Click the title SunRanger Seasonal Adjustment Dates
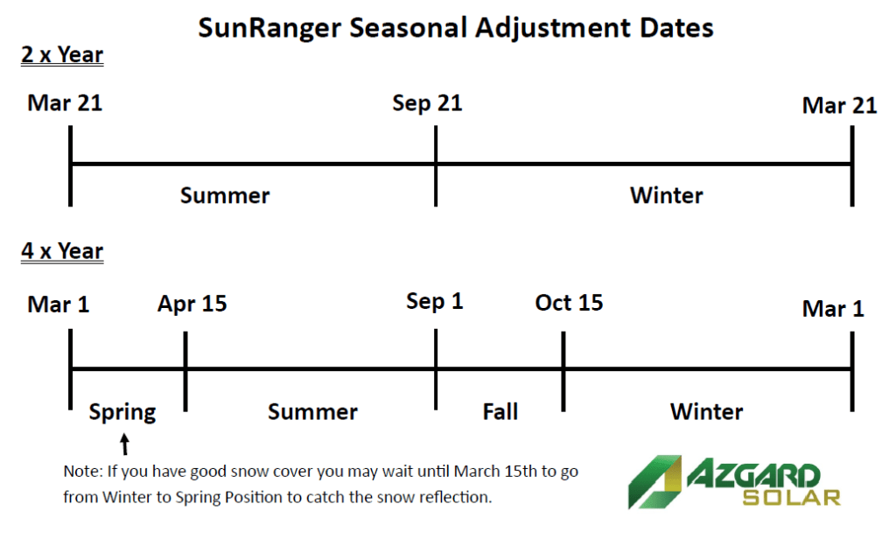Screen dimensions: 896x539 (455, 28)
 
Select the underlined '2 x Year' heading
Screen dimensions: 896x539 (62, 55)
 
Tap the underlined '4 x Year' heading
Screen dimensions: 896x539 (62, 251)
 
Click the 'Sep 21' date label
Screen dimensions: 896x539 (427, 103)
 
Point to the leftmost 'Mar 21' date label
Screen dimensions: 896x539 (65, 103)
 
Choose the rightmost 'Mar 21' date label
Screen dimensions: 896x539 (839, 105)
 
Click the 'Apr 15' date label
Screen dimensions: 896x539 (192, 304)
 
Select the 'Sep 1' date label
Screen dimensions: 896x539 (435, 302)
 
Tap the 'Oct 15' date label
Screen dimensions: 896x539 (569, 303)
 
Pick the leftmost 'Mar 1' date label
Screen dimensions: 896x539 (59, 304)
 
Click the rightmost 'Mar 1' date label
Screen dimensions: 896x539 (833, 309)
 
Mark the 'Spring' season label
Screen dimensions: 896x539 (122, 412)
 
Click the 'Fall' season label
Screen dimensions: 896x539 (500, 411)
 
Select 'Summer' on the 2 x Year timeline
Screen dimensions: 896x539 (225, 195)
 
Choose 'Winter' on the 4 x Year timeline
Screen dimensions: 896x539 (707, 411)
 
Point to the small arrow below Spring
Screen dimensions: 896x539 (124, 444)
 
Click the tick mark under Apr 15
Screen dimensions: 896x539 (185, 371)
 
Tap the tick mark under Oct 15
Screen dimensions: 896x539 (563, 371)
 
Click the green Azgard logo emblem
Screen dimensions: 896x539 (654, 482)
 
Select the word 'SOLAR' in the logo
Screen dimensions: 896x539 (791, 497)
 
